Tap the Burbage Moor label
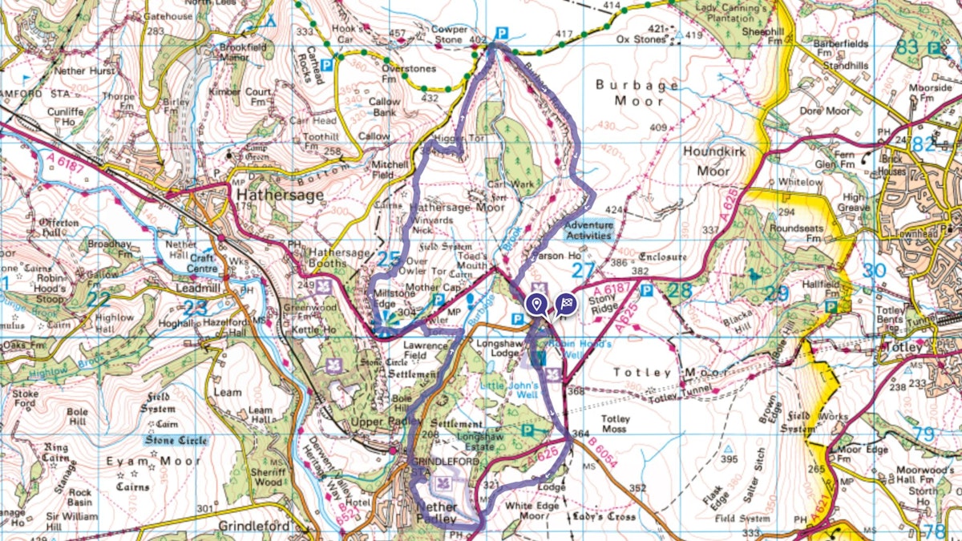[638, 93]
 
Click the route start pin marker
[536, 305]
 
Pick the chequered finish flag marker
[565, 304]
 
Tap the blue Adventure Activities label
[588, 230]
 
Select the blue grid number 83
[907, 46]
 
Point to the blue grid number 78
[934, 531]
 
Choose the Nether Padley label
[438, 513]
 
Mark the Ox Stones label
[635, 38]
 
